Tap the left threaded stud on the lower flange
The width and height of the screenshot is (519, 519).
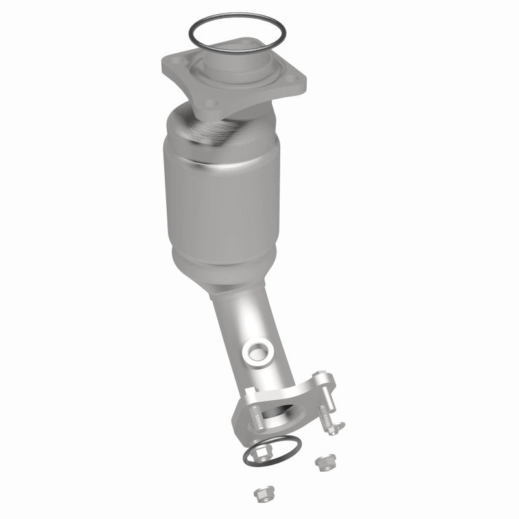256,417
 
